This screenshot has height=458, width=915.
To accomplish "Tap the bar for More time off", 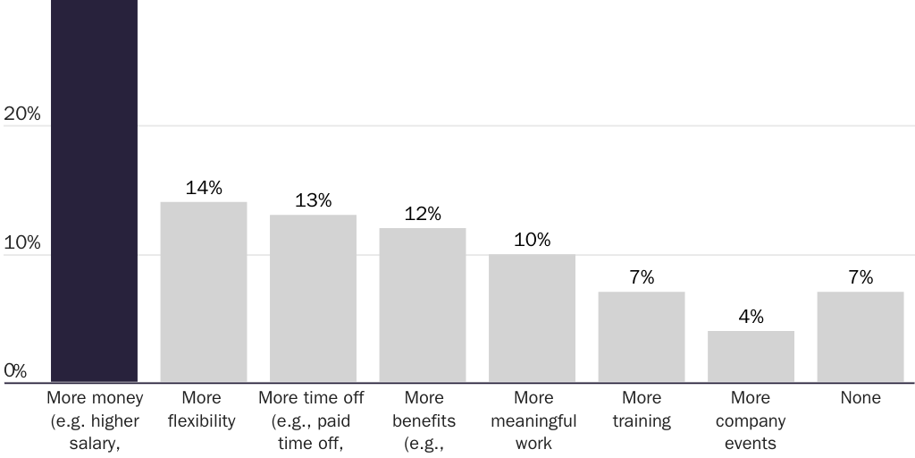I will click(313, 299).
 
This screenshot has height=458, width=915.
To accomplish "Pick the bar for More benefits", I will click(423, 305).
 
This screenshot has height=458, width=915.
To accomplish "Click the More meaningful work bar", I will click(532, 318).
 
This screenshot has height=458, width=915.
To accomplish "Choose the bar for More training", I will click(642, 337).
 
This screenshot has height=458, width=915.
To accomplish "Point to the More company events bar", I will click(751, 357).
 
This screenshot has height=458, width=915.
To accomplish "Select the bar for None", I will click(860, 337).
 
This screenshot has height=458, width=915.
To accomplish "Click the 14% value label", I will click(204, 188).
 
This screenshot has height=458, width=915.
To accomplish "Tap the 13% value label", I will click(313, 200).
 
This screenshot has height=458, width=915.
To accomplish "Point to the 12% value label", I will click(423, 214).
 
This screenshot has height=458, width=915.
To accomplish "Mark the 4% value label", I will click(751, 317).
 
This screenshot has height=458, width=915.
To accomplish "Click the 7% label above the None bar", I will click(860, 277).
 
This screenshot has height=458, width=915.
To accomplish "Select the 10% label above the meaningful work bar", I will click(532, 240).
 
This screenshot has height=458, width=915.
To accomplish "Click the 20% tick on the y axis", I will click(22, 114).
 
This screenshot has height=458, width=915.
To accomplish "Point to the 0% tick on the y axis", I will click(15, 370).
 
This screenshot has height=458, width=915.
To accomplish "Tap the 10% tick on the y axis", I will click(22, 243).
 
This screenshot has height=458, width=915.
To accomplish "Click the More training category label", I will click(642, 409).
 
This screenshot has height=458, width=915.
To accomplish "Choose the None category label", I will click(860, 398).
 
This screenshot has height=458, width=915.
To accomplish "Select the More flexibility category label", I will click(202, 409).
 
